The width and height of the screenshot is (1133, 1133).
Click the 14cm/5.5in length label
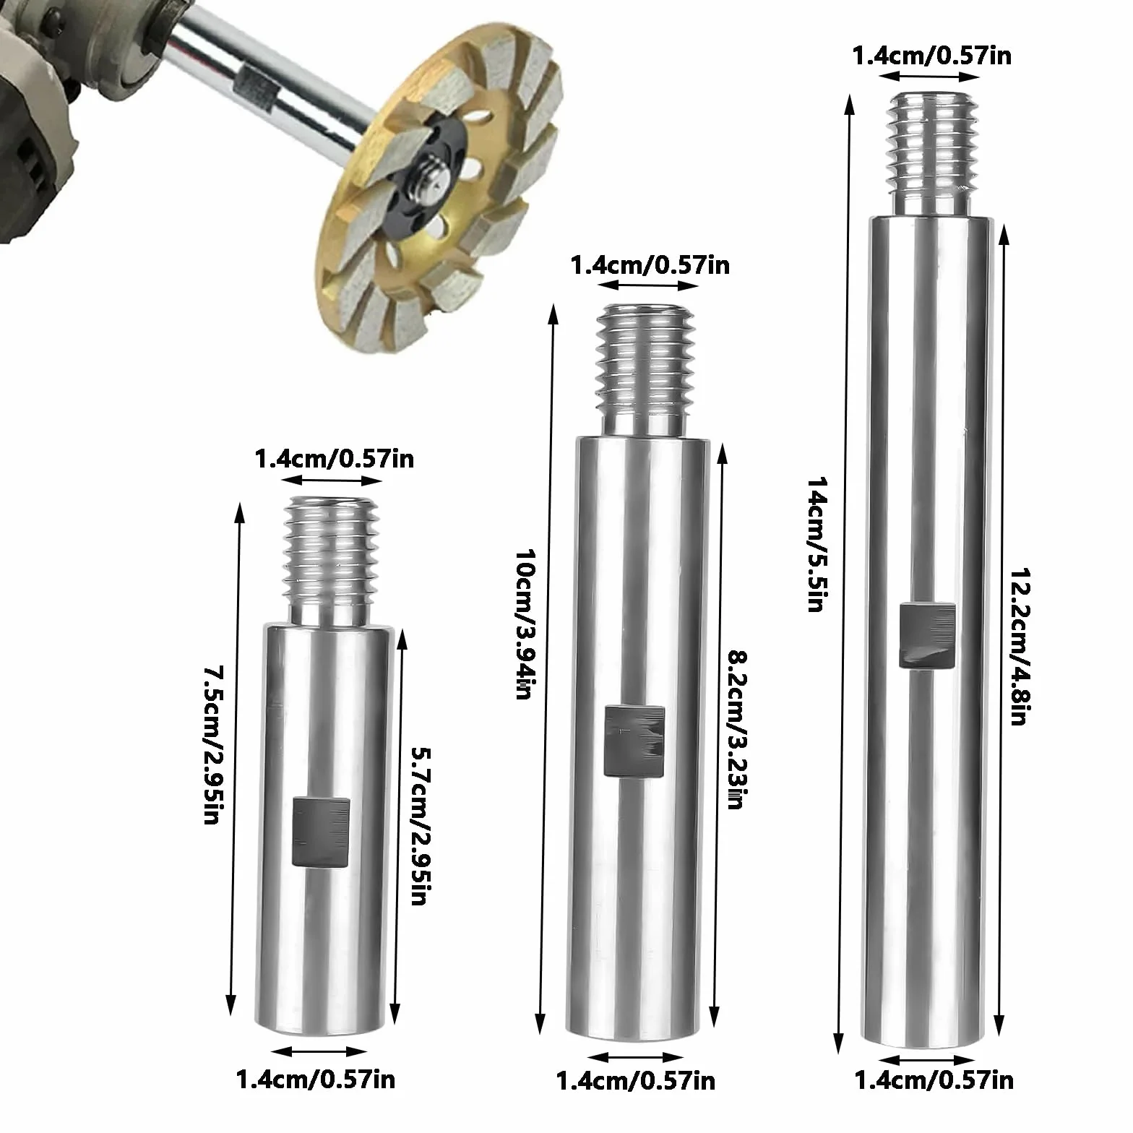pos(815,543)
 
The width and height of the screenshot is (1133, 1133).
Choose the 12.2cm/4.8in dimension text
pos(1019,644)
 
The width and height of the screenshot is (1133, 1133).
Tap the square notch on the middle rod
pos(633,741)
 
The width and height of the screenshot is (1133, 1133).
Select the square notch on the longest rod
pos(928,636)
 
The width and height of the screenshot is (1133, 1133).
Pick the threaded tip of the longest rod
pos(933,153)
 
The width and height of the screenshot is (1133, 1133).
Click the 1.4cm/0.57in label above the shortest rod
pos(335,458)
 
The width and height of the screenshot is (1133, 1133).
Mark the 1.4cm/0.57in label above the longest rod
pos(932,56)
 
